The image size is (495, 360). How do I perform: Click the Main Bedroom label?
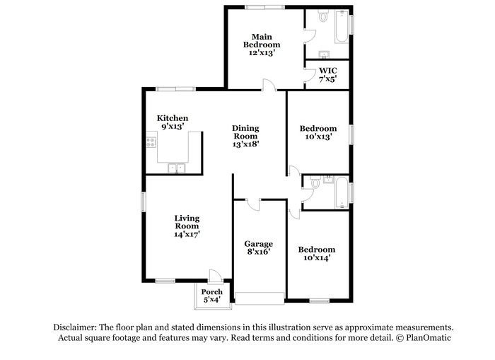pos(262,41)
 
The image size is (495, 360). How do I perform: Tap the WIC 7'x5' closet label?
pos(327,75)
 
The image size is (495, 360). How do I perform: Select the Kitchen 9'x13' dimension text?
pos(173,127)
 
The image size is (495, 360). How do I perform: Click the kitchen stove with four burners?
pos(151,142)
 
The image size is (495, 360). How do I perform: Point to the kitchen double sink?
pos(176,168)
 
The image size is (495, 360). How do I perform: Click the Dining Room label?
pos(245,132)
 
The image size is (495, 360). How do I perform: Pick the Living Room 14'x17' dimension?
pos(187,234)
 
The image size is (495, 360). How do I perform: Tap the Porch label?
pos(212,292)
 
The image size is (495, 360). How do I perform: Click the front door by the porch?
pos(216,276)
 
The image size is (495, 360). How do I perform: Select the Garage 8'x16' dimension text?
pos(259,252)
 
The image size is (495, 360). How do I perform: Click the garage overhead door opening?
pos(260,298)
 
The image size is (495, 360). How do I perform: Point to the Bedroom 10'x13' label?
pos(318,133)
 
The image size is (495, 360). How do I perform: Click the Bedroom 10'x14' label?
pos(317,254)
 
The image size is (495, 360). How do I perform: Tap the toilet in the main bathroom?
pos(323,15)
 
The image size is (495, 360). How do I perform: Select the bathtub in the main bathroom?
pos(342,27)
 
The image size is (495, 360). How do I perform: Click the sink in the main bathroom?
pos(324,54)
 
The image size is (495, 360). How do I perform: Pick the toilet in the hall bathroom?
pos(315,182)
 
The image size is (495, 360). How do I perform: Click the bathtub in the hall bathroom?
pos(342,192)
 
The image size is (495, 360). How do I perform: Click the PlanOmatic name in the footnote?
pos(429,337)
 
